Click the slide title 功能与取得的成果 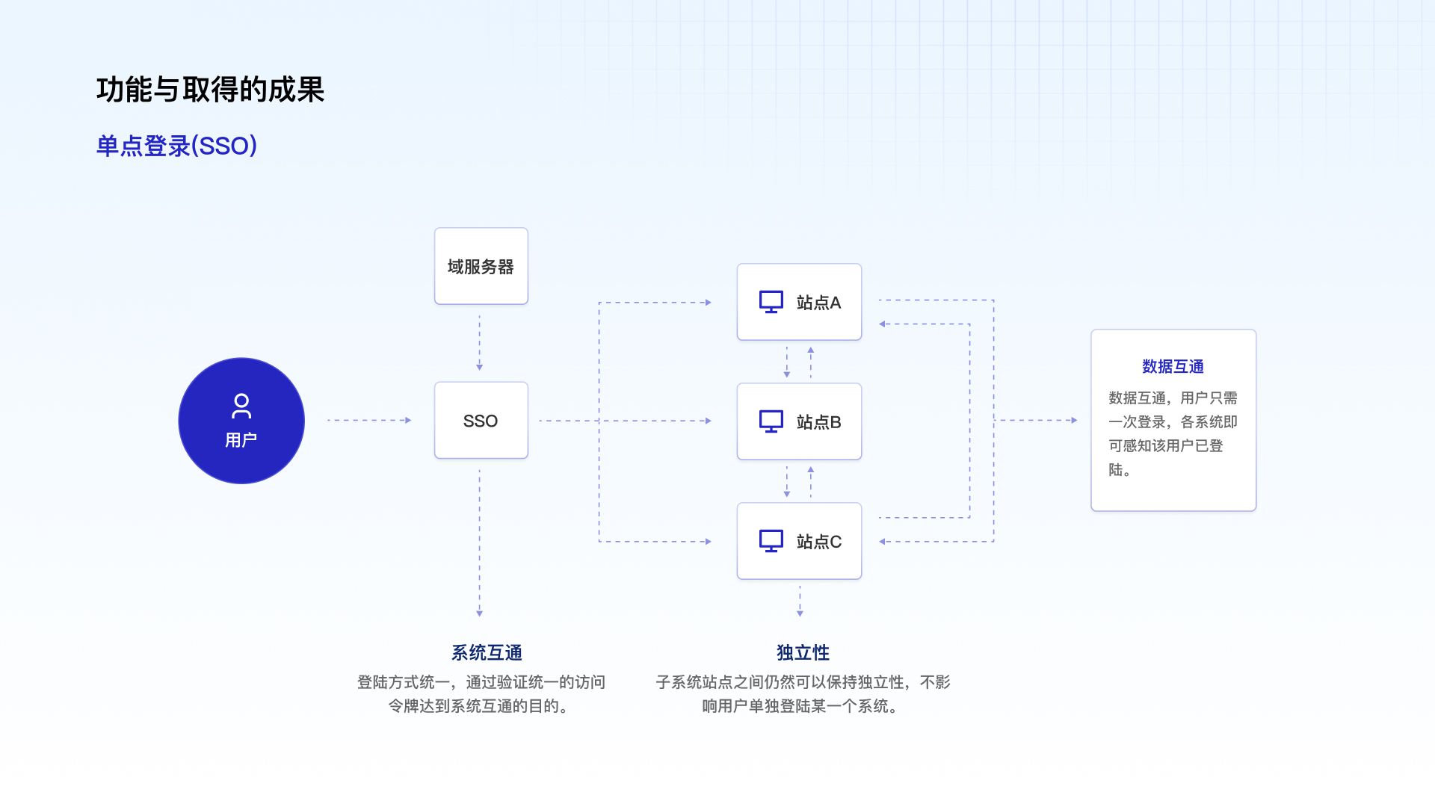coord(210,90)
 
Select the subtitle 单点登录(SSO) coord(176,146)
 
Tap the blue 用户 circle coord(241,421)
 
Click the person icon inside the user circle coord(241,406)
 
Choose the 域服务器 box coord(481,266)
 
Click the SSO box coord(481,421)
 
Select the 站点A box coord(799,302)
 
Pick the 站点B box coord(799,421)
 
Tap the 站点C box coord(799,541)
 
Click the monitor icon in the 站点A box coord(771,302)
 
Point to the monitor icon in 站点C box coord(771,541)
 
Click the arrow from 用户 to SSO coord(369,421)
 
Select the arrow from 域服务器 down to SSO coord(480,343)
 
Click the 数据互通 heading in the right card coord(1173,367)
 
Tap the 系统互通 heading coord(487,653)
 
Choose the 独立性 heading coord(803,653)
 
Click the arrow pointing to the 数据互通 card coord(1036,421)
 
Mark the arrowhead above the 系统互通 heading coord(480,613)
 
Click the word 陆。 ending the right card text coord(1119,470)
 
